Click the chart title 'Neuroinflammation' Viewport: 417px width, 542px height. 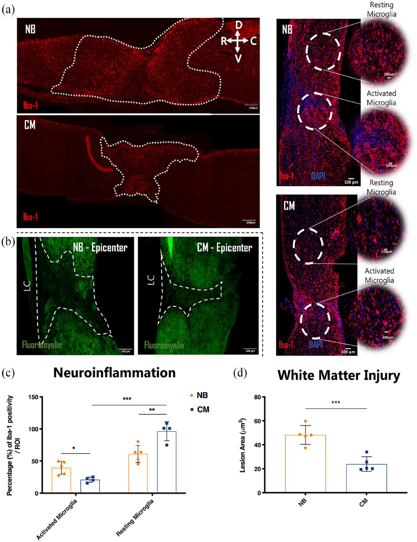(114, 373)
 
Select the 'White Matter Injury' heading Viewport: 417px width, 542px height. (339, 375)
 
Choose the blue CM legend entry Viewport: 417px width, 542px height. (200, 409)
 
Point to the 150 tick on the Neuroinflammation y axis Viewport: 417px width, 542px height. (33, 397)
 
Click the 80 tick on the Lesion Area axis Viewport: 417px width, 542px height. (257, 397)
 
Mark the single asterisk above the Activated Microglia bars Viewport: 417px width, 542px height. (74, 448)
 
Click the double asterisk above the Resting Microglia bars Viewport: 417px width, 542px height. (152, 410)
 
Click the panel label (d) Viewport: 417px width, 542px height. (240, 373)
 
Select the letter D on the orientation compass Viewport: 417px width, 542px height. (239, 25)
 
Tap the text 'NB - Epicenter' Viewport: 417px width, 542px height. (100, 248)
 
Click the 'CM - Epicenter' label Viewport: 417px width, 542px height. (224, 248)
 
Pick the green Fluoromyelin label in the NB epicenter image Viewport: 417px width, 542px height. (42, 345)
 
